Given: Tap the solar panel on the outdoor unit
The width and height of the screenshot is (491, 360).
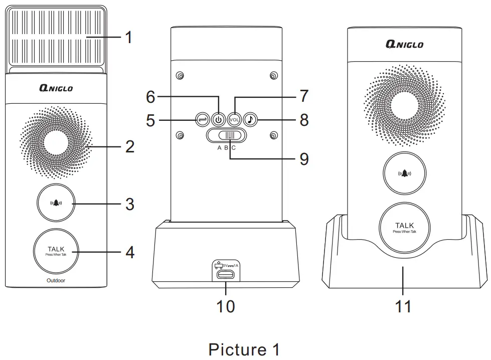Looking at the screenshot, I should (56, 38).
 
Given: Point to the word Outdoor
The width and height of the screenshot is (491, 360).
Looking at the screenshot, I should (56, 281).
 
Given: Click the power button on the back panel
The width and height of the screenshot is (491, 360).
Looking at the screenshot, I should (217, 120).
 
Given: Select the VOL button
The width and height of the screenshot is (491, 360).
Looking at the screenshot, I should (234, 120).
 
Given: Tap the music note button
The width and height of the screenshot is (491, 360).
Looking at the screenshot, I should (251, 120).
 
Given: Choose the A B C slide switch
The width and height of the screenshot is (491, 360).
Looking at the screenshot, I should (226, 136).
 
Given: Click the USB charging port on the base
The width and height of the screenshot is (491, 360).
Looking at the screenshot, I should (226, 275).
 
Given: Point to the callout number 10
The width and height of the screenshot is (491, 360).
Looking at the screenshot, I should (226, 305).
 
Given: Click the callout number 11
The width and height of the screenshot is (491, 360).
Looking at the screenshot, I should (403, 305).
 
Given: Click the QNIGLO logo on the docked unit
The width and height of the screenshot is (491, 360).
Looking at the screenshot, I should (404, 44).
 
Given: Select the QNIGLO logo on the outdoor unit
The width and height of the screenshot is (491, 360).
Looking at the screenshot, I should (56, 88).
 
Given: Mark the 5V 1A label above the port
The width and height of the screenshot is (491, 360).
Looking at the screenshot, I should (229, 264).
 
